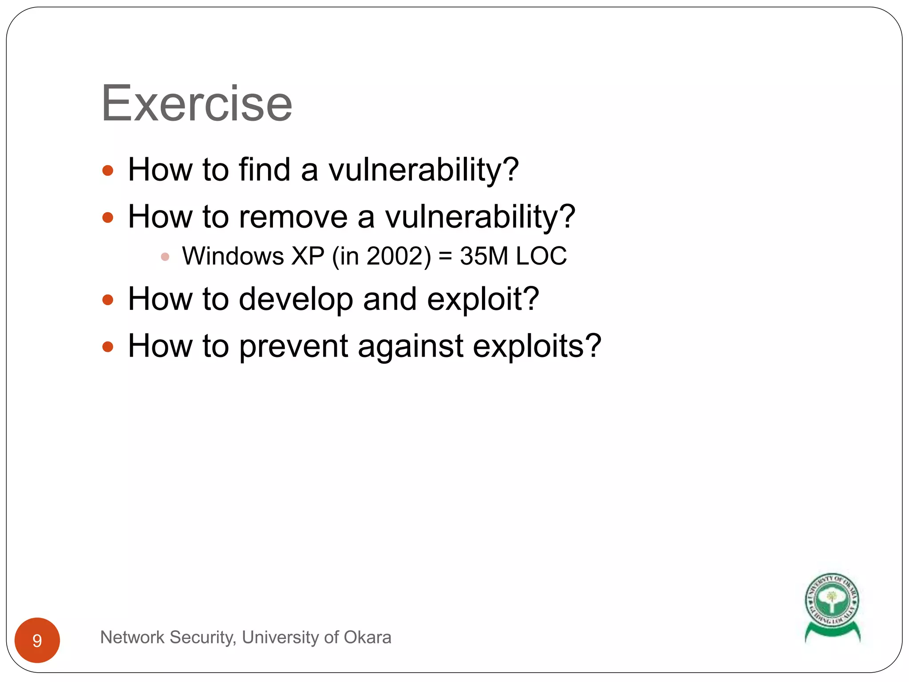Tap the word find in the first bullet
pos(264,170)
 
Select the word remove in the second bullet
pos(293,217)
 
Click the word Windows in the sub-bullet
pos(233,256)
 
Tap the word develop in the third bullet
pos(296,300)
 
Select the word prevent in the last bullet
pos(293,346)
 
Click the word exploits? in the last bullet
pos(537,346)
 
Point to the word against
pos(411,346)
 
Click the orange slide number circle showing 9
pos(37,640)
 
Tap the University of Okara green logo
pos(832,606)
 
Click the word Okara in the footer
pos(368,638)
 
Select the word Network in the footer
pos(132,638)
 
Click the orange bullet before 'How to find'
pos(108,171)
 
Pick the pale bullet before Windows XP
pos(165,257)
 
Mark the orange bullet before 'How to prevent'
pos(108,347)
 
